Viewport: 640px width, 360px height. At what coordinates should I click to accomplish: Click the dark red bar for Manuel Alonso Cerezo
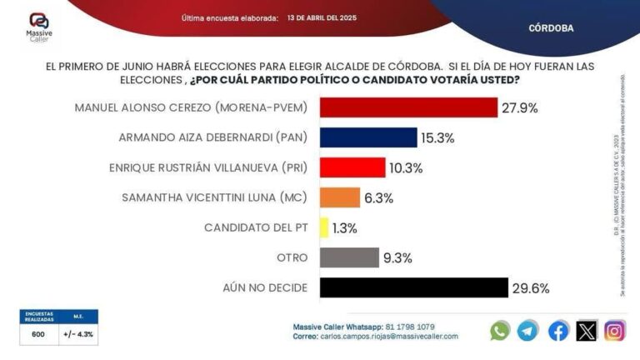408,108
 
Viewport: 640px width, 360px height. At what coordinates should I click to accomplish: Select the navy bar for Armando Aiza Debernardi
368,137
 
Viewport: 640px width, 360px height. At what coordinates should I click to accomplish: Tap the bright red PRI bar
352,167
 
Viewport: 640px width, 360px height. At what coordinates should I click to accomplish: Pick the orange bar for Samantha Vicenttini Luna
339,197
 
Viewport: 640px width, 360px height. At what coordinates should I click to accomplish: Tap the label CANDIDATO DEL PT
256,227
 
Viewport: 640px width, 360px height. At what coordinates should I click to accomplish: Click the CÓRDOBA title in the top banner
551,27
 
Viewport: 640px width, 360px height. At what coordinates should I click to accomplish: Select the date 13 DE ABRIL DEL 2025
322,17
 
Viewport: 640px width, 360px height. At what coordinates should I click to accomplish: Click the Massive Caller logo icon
38,21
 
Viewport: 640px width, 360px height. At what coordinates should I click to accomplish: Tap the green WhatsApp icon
500,331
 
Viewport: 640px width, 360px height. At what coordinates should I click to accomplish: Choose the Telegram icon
527,331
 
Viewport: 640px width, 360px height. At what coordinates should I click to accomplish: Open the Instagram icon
615,331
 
